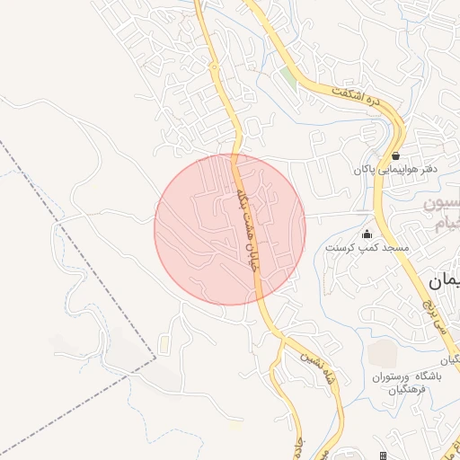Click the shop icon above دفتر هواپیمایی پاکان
pos(395,155)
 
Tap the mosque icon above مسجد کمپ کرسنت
pos(366,234)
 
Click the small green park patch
pos(289,78)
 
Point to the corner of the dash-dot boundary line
pos(155,358)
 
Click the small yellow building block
pos(164,345)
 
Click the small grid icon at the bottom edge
pos(384,456)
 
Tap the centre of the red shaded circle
pos(230,229)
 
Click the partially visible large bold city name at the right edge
pos(447,280)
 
